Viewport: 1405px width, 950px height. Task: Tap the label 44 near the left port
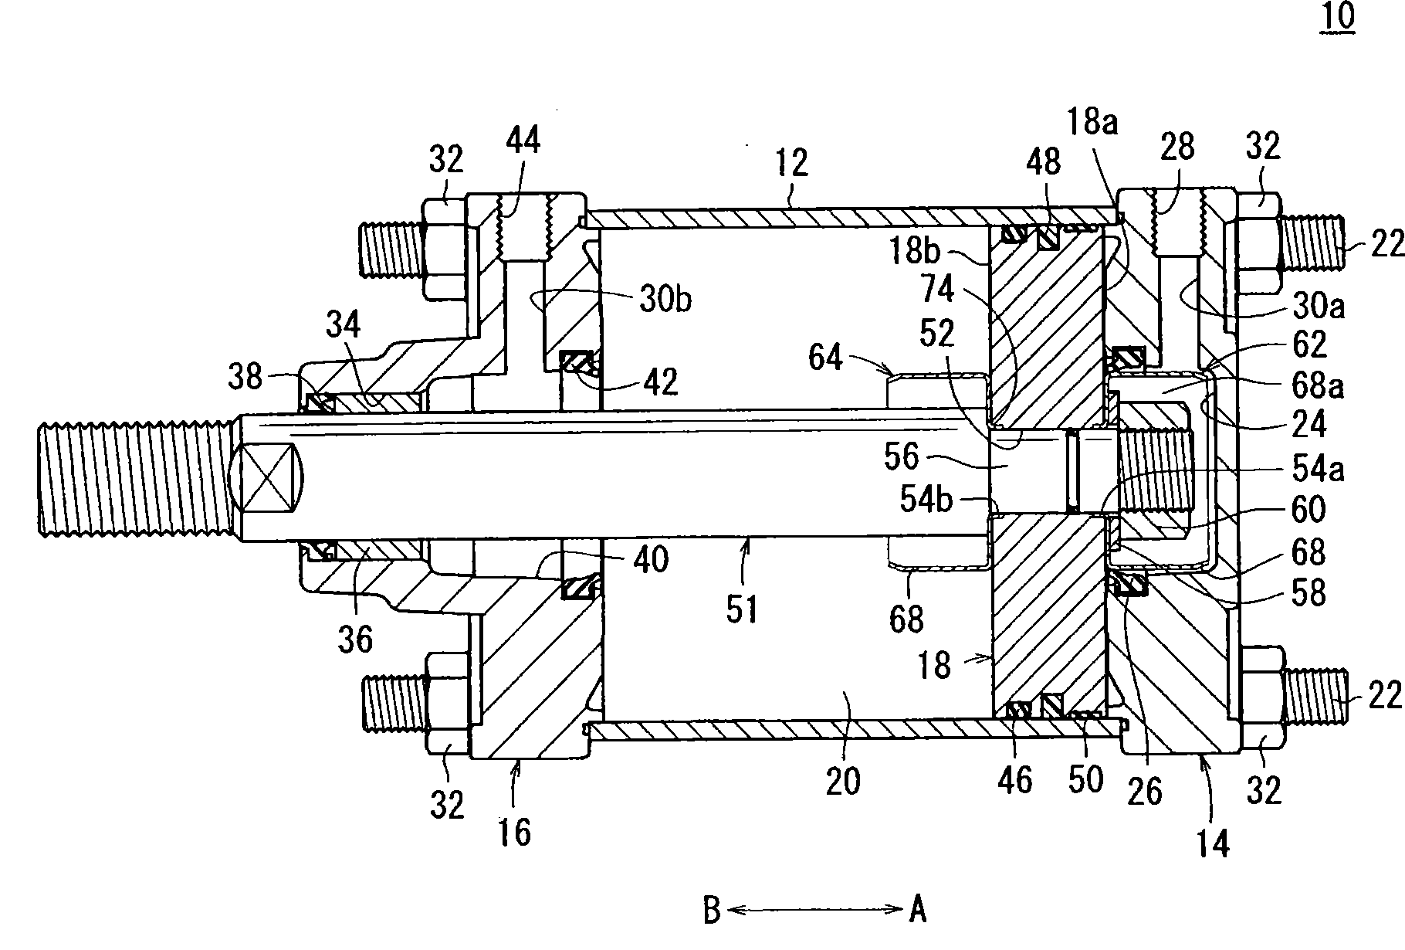pos(523,142)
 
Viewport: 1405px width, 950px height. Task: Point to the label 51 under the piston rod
pos(742,609)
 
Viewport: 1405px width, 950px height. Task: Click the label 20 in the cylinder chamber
pos(843,781)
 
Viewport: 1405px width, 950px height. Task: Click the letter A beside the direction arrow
pos(917,911)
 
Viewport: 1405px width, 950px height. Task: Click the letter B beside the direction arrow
pos(712,911)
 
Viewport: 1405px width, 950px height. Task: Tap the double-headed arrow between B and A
pos(814,911)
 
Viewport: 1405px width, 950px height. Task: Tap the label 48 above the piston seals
pos(1043,163)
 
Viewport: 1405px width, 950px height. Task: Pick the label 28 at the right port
pos(1176,146)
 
